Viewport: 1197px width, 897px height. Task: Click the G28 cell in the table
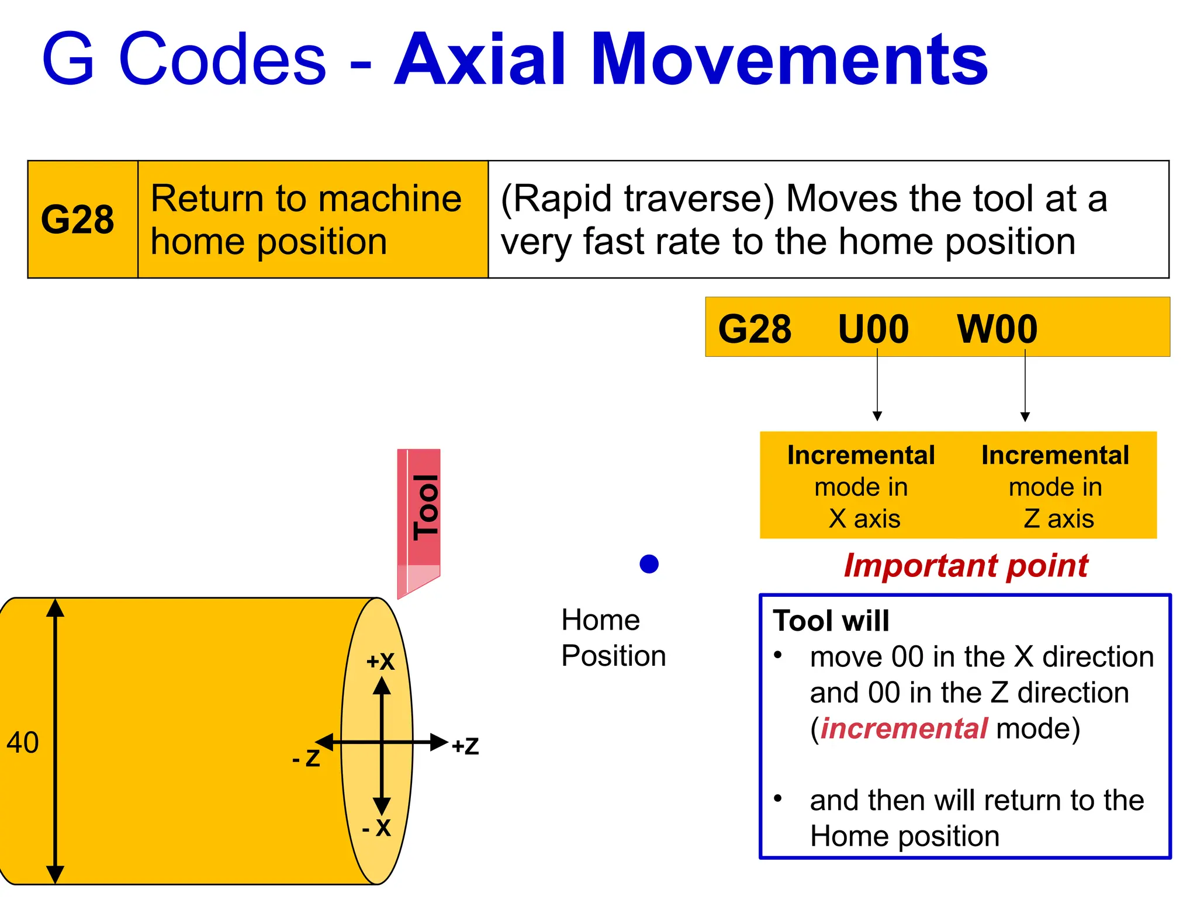pos(78,220)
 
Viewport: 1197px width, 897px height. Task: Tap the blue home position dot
pos(649,564)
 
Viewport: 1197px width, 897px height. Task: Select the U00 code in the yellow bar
pos(873,329)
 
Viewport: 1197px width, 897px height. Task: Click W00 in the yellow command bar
pos(997,329)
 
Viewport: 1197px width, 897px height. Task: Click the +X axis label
pos(380,662)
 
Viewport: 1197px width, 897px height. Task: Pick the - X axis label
pos(376,828)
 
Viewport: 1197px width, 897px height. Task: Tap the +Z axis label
pos(465,746)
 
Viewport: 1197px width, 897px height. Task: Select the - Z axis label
pos(306,758)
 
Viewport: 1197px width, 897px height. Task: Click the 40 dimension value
pos(23,743)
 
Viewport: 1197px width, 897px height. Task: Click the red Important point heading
pos(966,565)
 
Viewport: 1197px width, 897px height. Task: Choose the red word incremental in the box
pos(904,728)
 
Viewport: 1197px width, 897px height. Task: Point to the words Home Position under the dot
pos(613,638)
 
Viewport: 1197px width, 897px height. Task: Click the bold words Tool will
pos(831,620)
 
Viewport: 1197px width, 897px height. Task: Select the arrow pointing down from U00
pos(877,385)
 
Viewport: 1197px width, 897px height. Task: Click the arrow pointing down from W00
pos(1025,385)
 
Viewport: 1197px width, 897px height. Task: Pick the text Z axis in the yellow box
pos(1058,519)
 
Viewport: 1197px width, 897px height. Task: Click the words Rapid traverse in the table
pos(637,199)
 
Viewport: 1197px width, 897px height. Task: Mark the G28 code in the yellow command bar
pos(755,329)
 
